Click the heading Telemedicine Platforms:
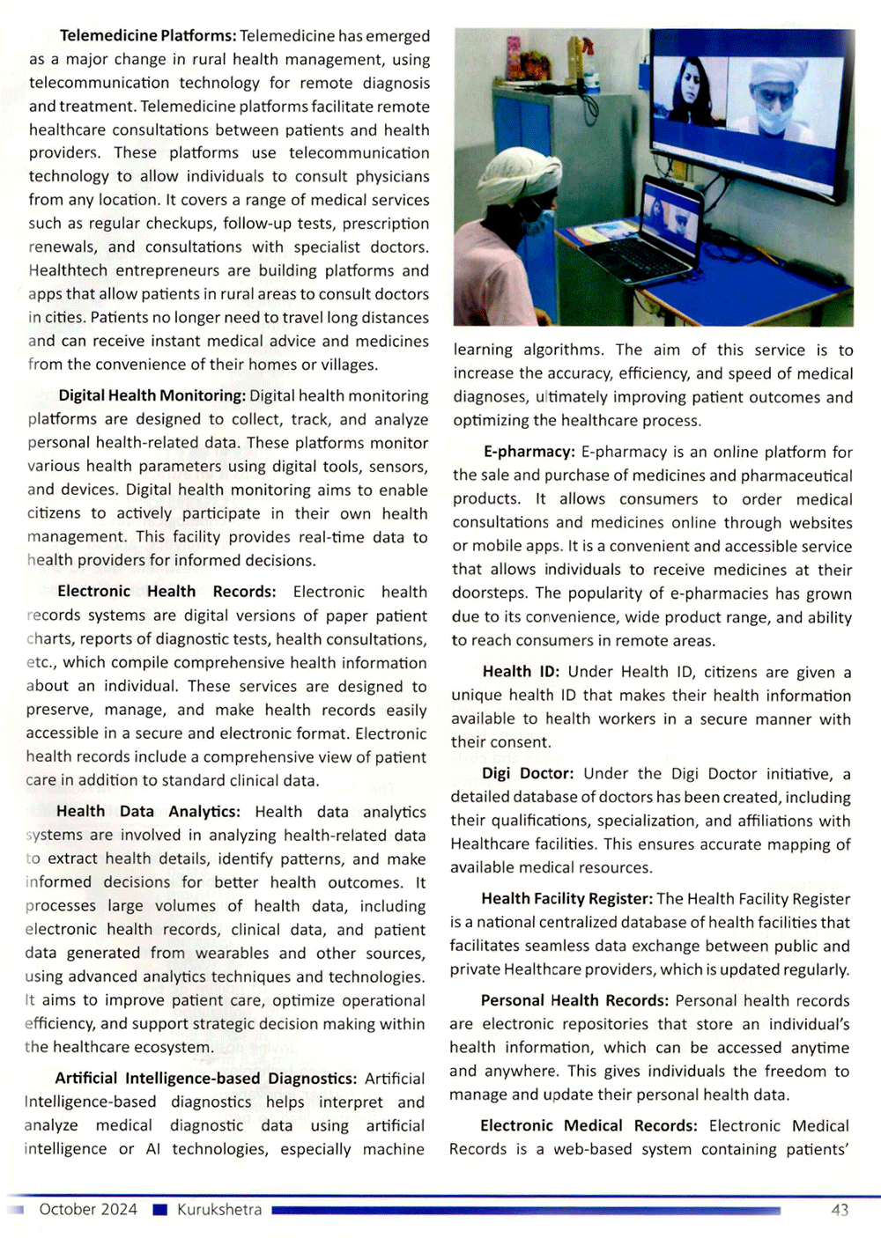(x=148, y=36)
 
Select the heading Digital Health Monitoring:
(x=152, y=396)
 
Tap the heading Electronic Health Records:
(x=167, y=592)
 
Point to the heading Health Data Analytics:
(x=148, y=812)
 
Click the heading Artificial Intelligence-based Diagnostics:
(x=205, y=1079)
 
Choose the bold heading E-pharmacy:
(x=529, y=452)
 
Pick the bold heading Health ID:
(x=521, y=673)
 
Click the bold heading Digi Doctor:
(x=528, y=774)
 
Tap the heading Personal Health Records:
(x=575, y=1001)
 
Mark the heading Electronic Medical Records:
(x=589, y=1126)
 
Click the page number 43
(x=840, y=1210)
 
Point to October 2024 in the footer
(x=88, y=1210)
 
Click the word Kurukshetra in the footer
(x=219, y=1210)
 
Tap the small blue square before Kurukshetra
(x=159, y=1210)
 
